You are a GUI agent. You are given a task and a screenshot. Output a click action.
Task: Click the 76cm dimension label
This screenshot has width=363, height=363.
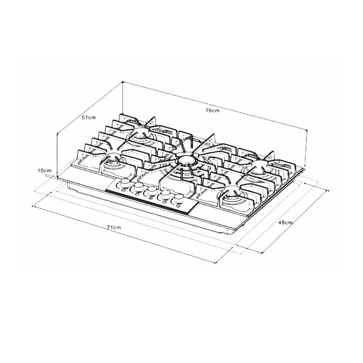click(x=212, y=111)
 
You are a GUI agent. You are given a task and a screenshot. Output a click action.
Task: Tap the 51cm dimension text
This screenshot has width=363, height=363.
click(x=89, y=118)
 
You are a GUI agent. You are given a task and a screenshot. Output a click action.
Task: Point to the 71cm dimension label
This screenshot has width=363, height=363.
click(x=114, y=227)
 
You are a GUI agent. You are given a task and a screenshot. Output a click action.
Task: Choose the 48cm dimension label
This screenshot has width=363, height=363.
click(x=285, y=223)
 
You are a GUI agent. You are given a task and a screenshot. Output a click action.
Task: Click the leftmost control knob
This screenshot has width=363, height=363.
click(x=125, y=182)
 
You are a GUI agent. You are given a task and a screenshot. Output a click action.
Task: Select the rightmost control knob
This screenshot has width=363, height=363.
click(x=179, y=199)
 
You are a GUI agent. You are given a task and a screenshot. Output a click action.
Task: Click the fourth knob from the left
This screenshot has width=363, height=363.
click(x=166, y=195)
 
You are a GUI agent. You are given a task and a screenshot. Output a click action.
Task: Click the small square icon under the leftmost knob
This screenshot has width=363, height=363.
click(x=123, y=190)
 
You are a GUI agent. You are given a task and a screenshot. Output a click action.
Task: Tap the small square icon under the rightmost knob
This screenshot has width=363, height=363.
click(x=178, y=206)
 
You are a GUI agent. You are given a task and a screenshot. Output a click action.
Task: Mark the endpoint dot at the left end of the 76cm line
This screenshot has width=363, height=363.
click(x=123, y=82)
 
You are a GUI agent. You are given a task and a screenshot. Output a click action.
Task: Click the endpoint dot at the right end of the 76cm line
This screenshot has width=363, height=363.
click(x=307, y=130)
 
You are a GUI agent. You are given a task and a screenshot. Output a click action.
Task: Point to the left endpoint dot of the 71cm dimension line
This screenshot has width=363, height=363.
click(x=33, y=207)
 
